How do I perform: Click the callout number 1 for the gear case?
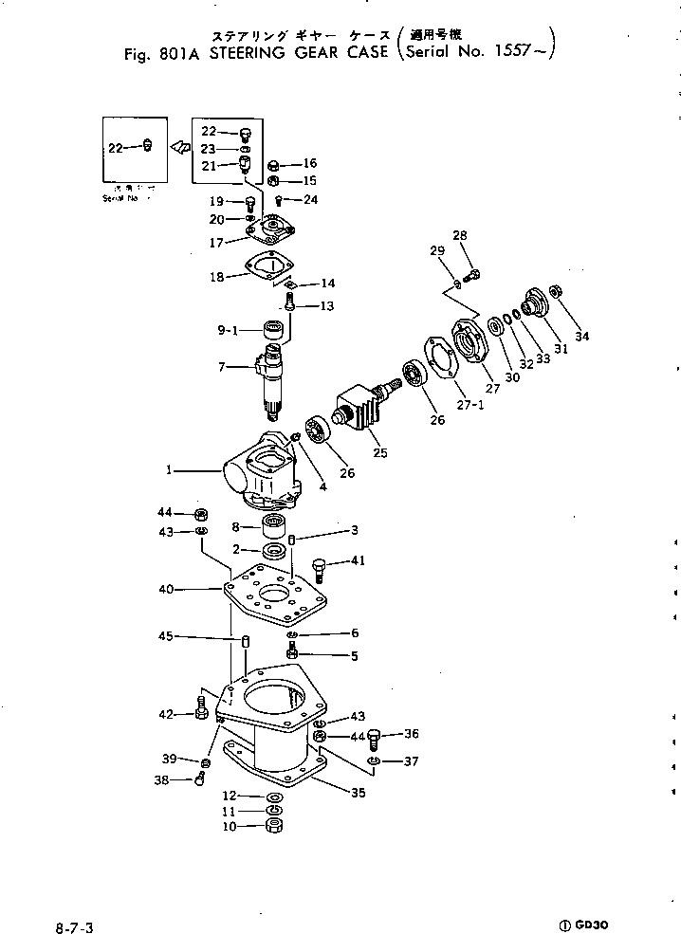point(169,468)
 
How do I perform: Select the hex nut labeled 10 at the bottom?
point(272,826)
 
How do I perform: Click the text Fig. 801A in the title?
point(156,54)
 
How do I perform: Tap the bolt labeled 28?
point(475,274)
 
